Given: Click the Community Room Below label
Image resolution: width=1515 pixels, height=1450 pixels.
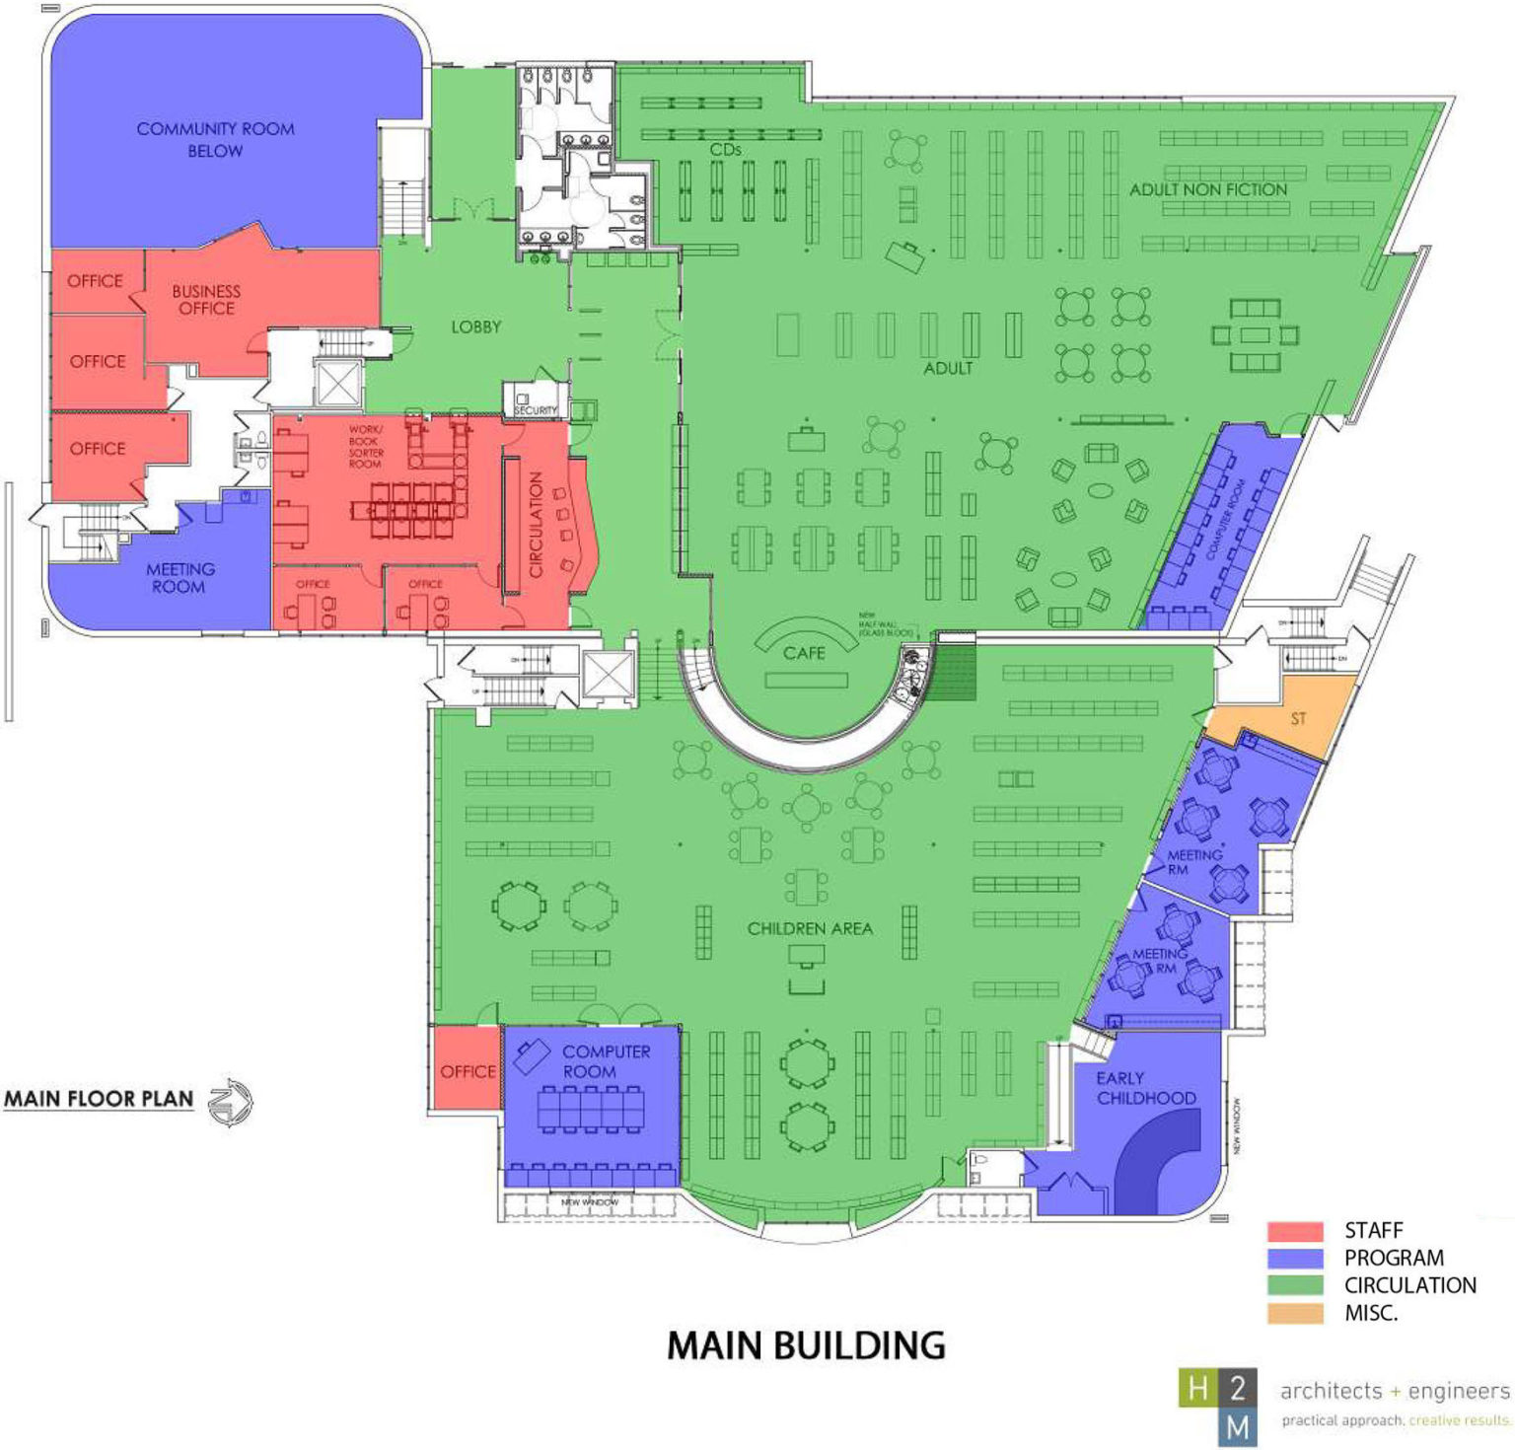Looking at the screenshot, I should [215, 140].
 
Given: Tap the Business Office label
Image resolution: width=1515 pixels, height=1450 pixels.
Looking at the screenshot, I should [206, 300].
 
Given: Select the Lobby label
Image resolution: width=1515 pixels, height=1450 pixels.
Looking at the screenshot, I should [476, 326].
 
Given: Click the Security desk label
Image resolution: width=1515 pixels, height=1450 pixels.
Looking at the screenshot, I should [535, 408].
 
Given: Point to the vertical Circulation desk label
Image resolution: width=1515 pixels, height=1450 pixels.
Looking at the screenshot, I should [537, 524].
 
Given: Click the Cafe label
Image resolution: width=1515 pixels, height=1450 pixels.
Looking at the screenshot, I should [804, 653].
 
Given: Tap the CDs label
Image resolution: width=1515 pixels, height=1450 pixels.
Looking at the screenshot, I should [725, 150].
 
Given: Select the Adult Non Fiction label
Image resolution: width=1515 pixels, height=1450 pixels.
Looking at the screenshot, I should [1208, 189].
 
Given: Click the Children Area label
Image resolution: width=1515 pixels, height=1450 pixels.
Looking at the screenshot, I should [810, 928].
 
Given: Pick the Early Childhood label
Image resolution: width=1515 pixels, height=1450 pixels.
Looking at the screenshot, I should [1146, 1088].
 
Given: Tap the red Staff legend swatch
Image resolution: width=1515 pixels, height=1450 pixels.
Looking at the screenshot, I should [1295, 1231].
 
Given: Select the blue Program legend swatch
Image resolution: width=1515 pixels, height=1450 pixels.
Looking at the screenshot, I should [1295, 1259].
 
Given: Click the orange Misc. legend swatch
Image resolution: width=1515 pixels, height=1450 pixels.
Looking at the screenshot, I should [1295, 1314].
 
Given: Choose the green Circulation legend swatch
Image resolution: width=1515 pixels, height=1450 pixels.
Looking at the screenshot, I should [1295, 1286].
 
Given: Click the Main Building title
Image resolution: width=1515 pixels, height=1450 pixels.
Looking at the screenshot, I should [806, 1345].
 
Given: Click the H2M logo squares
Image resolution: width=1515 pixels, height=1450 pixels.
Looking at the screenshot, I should [1218, 1407].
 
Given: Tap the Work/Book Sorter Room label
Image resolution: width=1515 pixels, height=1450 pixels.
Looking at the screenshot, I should [365, 447].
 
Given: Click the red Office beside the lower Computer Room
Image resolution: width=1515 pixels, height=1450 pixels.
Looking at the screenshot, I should [468, 1070].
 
